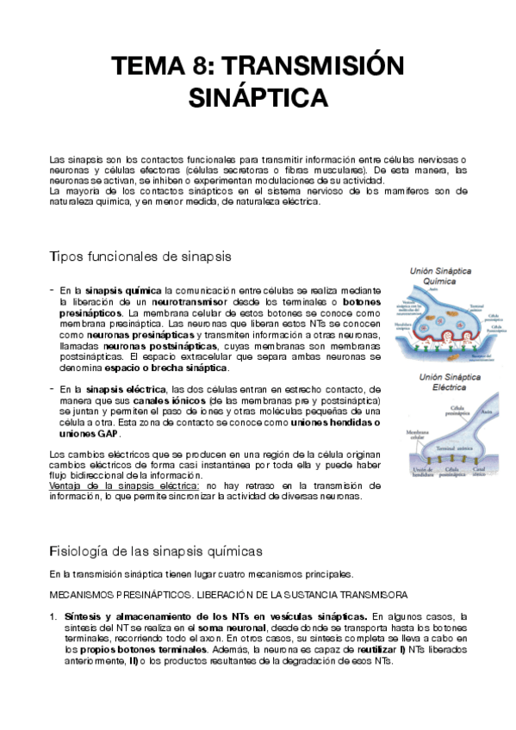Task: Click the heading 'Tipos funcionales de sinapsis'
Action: [x=140, y=257]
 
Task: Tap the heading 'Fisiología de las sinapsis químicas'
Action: [x=156, y=549]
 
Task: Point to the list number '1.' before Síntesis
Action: [x=53, y=616]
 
